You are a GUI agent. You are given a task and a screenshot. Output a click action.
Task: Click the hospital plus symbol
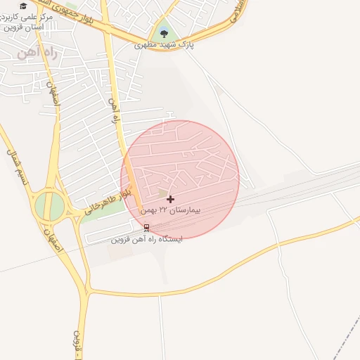[170, 200]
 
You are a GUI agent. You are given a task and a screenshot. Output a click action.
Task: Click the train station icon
[146, 227]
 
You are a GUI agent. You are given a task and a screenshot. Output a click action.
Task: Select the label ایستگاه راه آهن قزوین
[146, 239]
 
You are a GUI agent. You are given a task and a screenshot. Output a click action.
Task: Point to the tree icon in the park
[164, 32]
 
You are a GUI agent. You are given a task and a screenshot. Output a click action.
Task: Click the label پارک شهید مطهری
[164, 45]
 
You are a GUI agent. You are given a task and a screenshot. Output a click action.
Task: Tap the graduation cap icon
[23, 6]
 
